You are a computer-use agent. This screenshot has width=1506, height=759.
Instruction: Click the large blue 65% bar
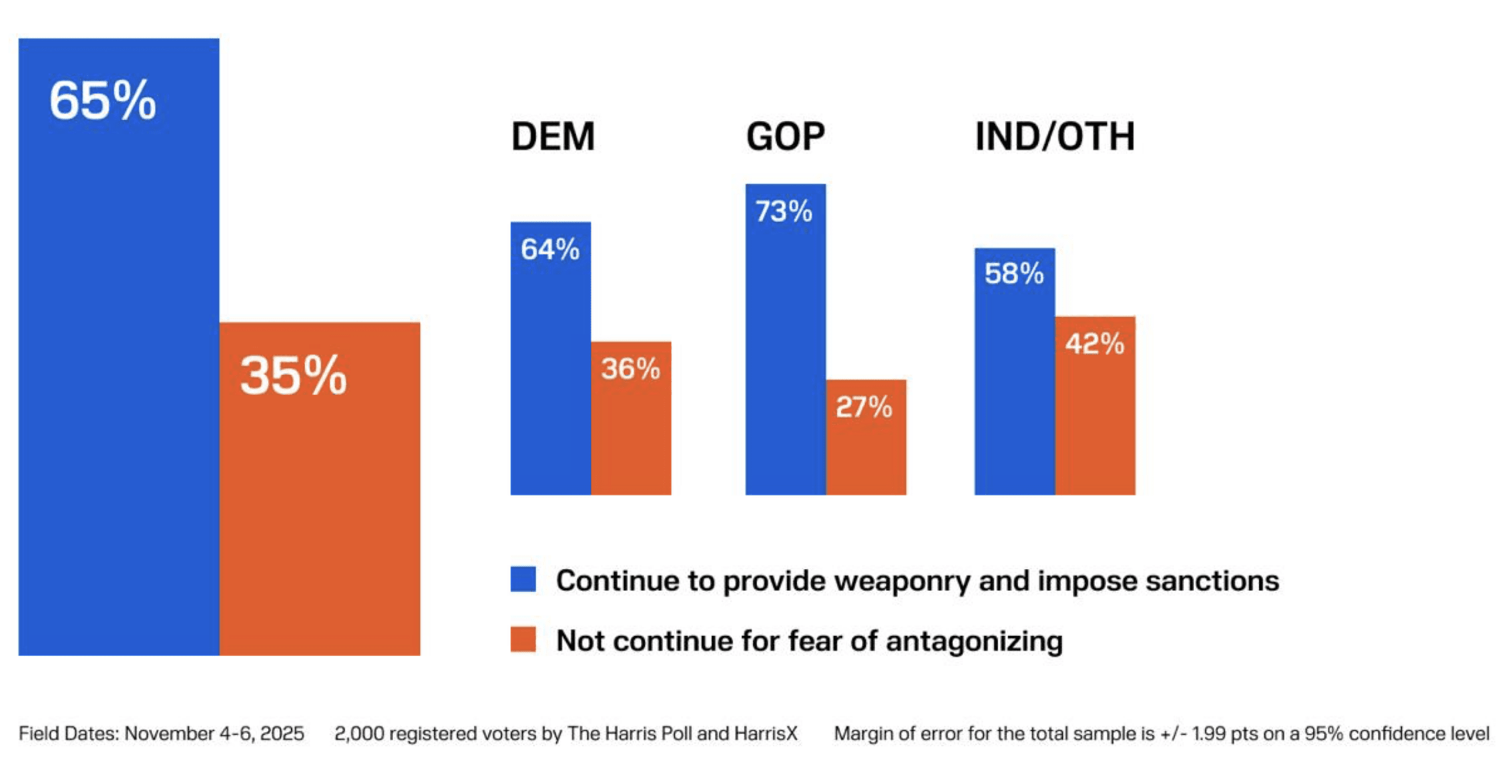click(x=119, y=373)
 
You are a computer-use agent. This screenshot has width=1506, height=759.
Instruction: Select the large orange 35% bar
click(x=320, y=506)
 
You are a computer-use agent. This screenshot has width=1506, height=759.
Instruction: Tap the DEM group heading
click(x=553, y=136)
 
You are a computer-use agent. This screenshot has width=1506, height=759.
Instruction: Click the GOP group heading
click(x=786, y=136)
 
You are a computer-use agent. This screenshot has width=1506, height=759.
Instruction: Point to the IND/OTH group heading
click(x=1055, y=136)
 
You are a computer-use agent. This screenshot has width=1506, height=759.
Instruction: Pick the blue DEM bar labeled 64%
click(x=551, y=386)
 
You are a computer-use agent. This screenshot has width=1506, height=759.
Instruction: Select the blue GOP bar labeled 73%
click(x=786, y=360)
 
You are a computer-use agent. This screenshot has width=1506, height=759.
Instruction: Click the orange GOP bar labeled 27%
click(x=866, y=453)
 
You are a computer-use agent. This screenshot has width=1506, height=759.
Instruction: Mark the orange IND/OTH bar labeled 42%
click(x=1095, y=426)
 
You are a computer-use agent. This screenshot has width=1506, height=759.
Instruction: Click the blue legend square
click(x=523, y=579)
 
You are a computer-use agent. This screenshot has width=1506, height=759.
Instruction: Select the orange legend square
click(x=523, y=640)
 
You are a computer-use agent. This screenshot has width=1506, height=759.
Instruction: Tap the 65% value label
click(x=103, y=101)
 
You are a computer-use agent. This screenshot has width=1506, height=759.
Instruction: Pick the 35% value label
click(x=294, y=376)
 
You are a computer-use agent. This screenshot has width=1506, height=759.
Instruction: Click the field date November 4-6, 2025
click(x=214, y=734)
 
